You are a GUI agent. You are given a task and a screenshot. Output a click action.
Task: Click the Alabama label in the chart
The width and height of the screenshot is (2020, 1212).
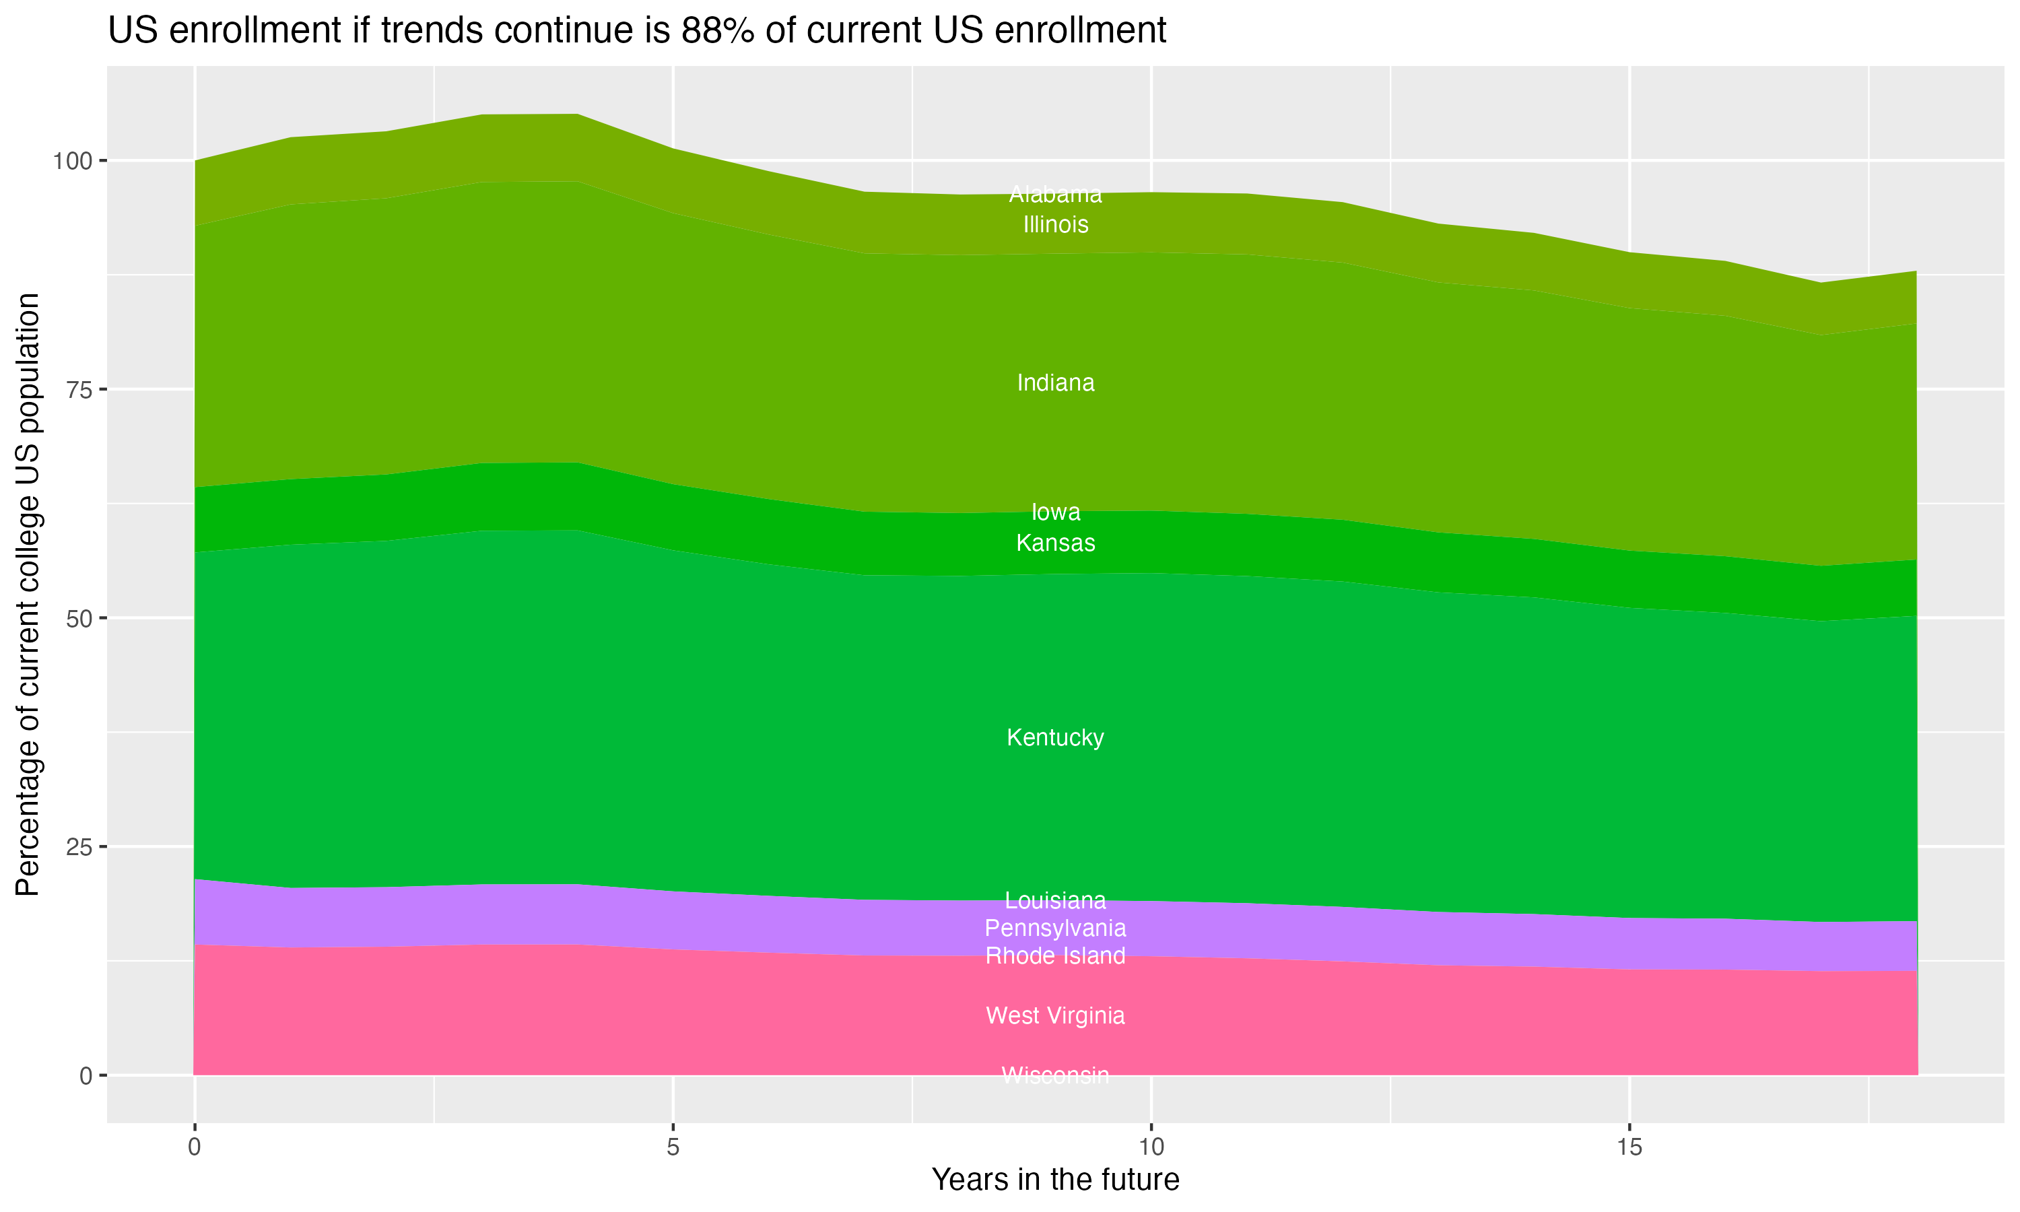1055,195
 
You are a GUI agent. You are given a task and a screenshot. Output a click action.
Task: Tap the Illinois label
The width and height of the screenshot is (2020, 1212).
1055,225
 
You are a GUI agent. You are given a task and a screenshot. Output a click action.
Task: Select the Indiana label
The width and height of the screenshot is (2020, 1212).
1055,383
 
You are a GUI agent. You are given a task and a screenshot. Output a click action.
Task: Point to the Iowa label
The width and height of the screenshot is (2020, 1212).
1055,512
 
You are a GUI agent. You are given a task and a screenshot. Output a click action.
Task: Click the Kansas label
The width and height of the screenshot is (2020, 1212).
1055,543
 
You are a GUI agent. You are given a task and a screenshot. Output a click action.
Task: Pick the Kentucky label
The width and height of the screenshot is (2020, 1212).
1055,737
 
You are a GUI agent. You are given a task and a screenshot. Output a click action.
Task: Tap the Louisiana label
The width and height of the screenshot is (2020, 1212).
1055,901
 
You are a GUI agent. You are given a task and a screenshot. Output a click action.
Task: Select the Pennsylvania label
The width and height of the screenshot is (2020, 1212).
1055,929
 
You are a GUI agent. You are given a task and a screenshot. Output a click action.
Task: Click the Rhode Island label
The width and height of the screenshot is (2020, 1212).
1055,955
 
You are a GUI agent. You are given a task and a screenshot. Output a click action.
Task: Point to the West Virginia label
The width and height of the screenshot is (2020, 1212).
1055,1016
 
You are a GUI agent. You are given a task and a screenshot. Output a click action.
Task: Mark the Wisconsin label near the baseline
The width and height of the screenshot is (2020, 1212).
1055,1075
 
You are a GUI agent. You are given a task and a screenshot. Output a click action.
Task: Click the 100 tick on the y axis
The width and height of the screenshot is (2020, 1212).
69,161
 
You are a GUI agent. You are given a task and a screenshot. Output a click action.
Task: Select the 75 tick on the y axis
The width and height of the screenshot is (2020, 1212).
77,390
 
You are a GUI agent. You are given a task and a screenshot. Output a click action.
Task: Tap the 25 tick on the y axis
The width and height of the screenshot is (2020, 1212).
77,847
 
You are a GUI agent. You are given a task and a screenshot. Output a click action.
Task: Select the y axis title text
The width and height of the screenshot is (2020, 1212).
28,594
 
